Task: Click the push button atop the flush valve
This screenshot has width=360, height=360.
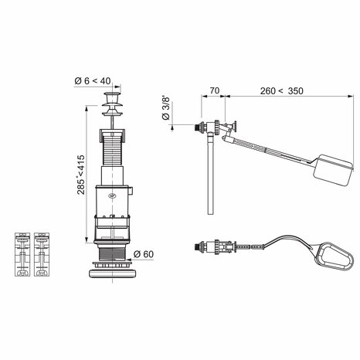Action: pyautogui.click(x=114, y=100)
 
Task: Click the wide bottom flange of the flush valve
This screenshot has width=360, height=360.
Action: pyautogui.click(x=114, y=272)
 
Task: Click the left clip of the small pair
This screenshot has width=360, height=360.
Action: pyautogui.click(x=22, y=254)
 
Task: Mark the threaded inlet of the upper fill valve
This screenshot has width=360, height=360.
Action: pyautogui.click(x=194, y=126)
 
